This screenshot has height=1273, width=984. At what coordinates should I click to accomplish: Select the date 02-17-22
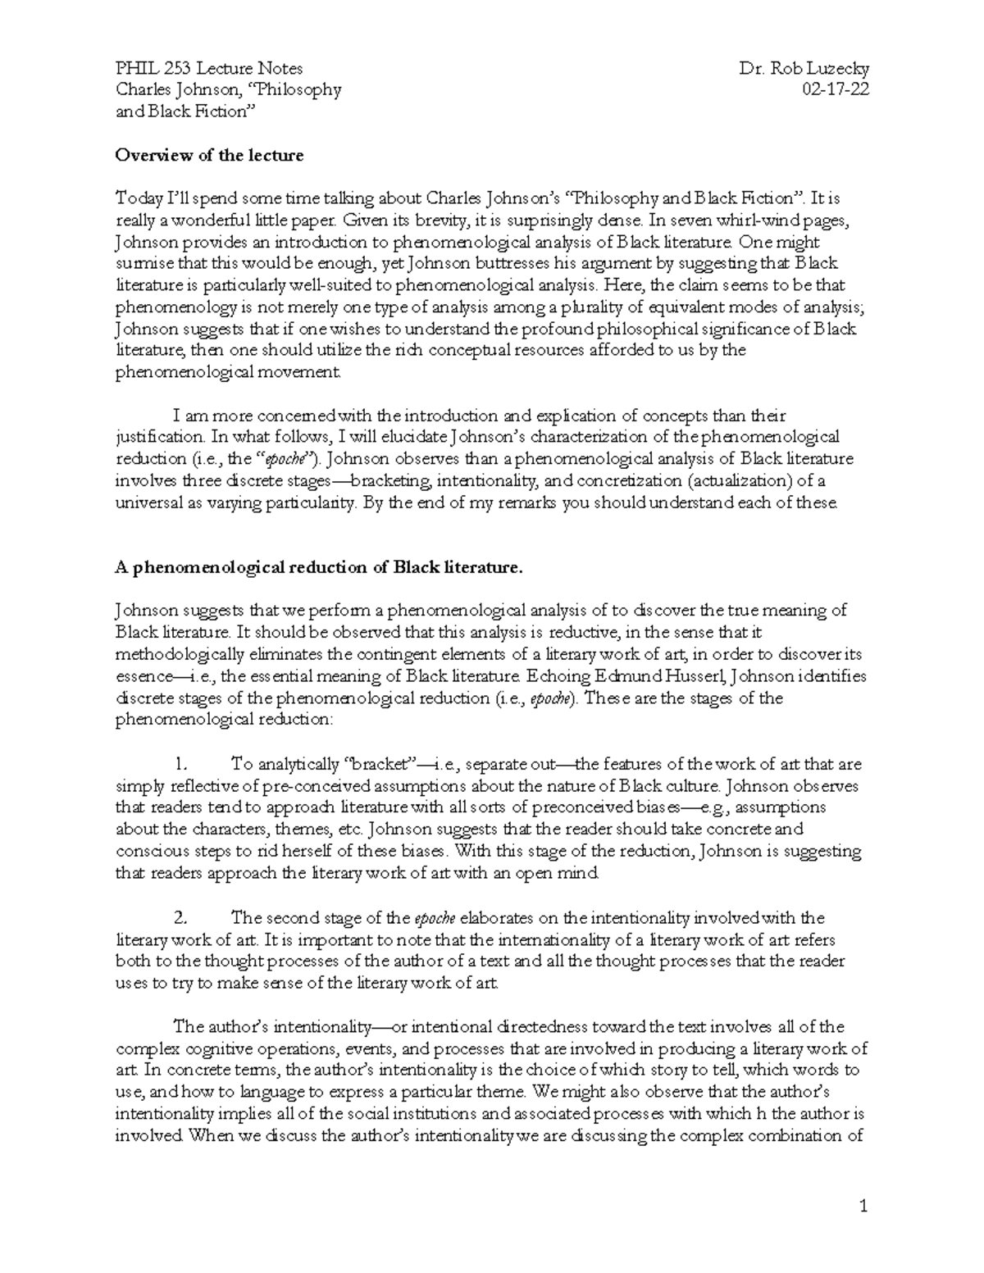click(837, 90)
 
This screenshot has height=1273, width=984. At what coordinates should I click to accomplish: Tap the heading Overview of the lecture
click(209, 155)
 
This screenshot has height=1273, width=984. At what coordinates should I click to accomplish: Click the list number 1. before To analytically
click(182, 764)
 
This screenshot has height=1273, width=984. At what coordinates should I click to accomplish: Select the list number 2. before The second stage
click(183, 917)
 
